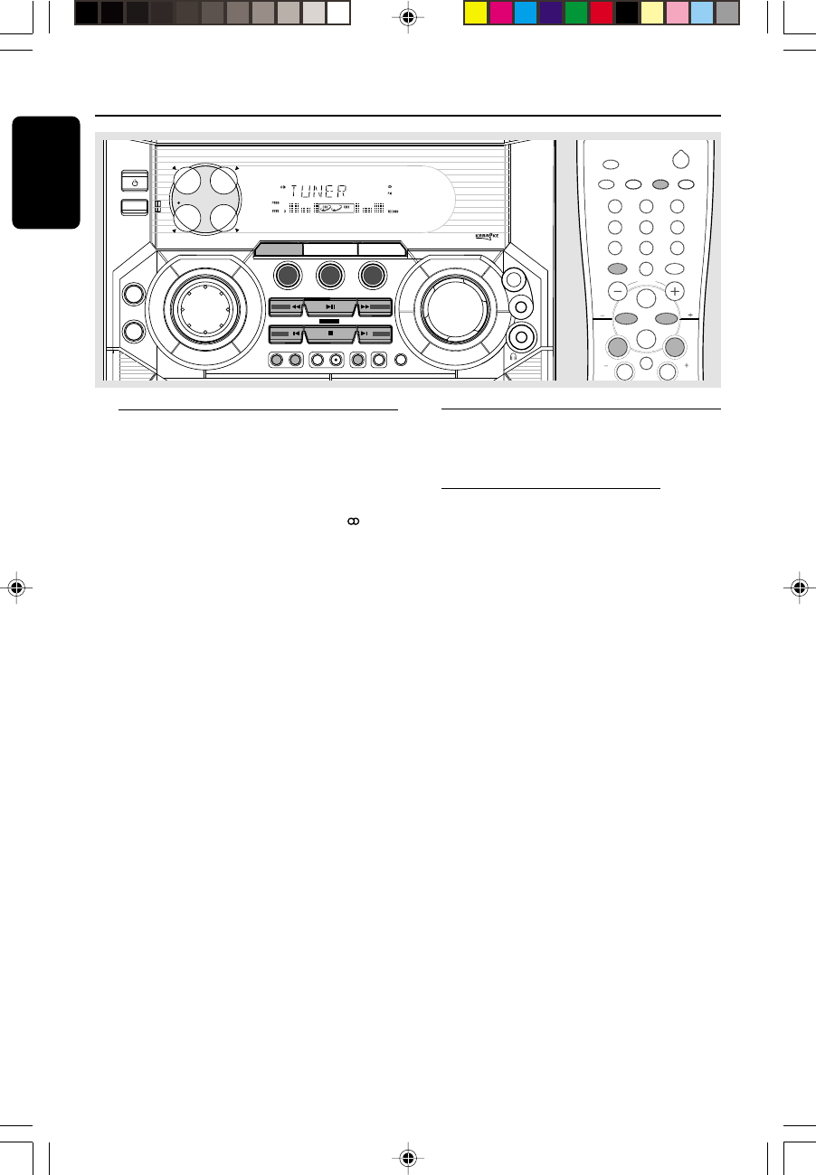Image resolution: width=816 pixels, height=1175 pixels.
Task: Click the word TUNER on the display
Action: pyautogui.click(x=319, y=191)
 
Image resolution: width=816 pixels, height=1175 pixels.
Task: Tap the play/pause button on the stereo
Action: pyautogui.click(x=330, y=307)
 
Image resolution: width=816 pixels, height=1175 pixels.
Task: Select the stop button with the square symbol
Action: pyautogui.click(x=330, y=333)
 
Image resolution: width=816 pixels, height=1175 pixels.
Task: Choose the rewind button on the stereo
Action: pyautogui.click(x=287, y=307)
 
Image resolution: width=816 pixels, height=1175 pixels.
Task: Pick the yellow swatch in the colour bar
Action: pyautogui.click(x=475, y=13)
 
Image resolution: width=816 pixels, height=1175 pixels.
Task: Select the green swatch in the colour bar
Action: pyautogui.click(x=576, y=13)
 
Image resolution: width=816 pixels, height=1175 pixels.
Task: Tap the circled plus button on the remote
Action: pyautogui.click(x=675, y=291)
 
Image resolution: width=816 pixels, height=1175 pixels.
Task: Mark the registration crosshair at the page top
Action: pyautogui.click(x=409, y=16)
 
